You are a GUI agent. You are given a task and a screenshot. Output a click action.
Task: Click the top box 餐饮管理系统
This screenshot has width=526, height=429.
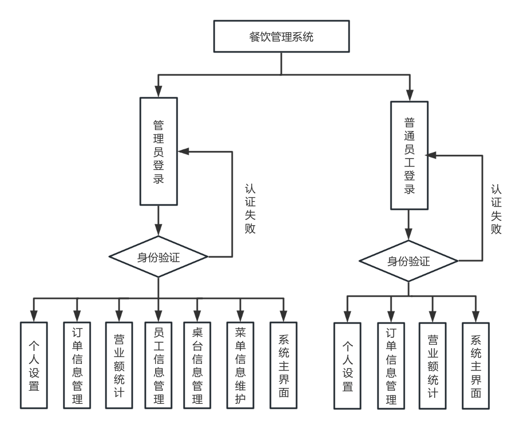click(281, 38)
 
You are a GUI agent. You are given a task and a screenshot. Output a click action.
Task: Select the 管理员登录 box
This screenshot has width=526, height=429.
click(158, 151)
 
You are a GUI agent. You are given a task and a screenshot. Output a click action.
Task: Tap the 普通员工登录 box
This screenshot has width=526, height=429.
click(410, 155)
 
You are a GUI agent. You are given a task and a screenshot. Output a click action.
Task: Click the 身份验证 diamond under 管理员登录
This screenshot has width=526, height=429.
click(158, 256)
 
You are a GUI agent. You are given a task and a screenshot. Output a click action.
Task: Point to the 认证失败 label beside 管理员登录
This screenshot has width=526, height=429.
click(251, 208)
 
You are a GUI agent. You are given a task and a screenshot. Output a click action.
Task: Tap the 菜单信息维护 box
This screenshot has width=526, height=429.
click(240, 365)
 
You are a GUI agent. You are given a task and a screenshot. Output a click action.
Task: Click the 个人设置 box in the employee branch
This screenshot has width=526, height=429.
click(347, 365)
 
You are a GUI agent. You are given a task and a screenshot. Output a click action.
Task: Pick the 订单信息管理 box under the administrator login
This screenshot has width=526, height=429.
click(76, 365)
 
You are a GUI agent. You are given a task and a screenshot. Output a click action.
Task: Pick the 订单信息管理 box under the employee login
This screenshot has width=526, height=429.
click(391, 365)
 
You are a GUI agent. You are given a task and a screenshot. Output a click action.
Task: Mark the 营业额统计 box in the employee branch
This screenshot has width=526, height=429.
click(433, 365)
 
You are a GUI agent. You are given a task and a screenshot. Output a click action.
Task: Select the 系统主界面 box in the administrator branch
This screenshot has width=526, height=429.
click(283, 365)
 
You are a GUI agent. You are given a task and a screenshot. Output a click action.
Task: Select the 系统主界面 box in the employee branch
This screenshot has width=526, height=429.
click(475, 365)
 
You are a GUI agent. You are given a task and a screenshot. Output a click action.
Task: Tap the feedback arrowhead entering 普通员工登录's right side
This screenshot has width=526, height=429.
click(433, 156)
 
